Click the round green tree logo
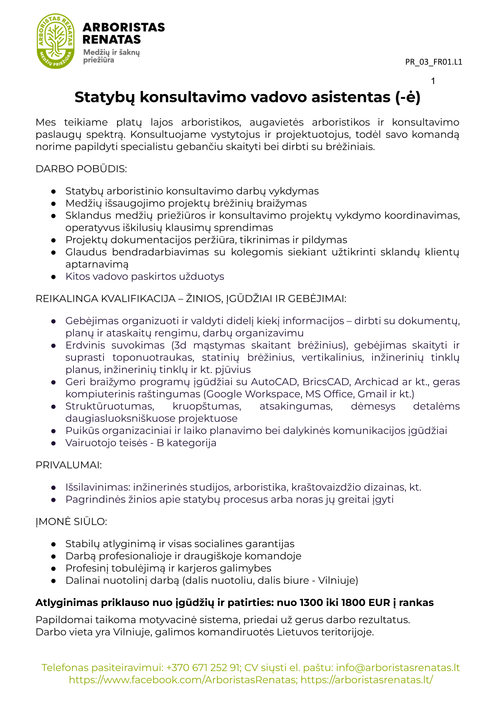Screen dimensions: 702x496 pyautogui.click(x=56, y=40)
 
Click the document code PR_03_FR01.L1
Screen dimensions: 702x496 pyautogui.click(x=433, y=62)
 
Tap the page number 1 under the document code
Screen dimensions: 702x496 pyautogui.click(x=433, y=81)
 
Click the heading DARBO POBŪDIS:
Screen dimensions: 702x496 pyautogui.click(x=81, y=169)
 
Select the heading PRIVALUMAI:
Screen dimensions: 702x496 pyautogui.click(x=69, y=465)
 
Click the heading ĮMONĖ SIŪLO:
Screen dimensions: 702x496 pyautogui.click(x=71, y=521)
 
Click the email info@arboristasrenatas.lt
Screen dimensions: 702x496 pyautogui.click(x=398, y=668)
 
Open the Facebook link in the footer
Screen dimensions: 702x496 pyautogui.click(x=183, y=680)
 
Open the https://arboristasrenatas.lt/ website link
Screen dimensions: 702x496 pyautogui.click(x=367, y=680)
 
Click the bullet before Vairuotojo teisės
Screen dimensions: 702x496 pyautogui.click(x=54, y=443)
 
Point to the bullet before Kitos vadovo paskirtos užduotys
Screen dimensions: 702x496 pyautogui.click(x=54, y=277)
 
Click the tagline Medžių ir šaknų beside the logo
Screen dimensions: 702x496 pyautogui.click(x=112, y=52)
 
